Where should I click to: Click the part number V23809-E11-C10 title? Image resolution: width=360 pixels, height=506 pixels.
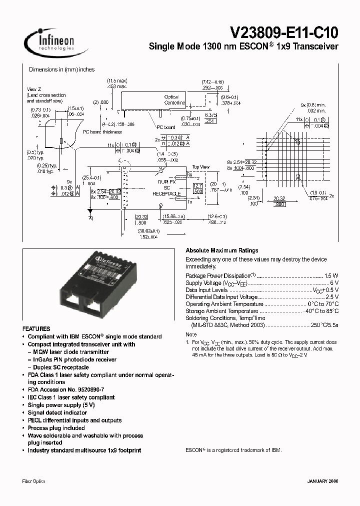283,33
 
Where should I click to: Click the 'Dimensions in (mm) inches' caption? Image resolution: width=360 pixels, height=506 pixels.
61,70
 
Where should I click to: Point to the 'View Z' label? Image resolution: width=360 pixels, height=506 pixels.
34,89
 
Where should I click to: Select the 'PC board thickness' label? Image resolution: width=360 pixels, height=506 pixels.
102,132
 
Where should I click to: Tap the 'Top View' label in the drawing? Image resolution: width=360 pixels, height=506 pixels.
201,167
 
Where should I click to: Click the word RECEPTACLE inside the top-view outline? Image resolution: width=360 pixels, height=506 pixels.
159,193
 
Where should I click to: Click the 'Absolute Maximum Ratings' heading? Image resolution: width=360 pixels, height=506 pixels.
222,250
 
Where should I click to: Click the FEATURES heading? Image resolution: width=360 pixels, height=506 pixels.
36,329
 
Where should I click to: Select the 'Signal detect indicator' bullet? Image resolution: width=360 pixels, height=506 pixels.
57,412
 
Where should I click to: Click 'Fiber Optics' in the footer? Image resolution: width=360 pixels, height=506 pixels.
34,481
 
